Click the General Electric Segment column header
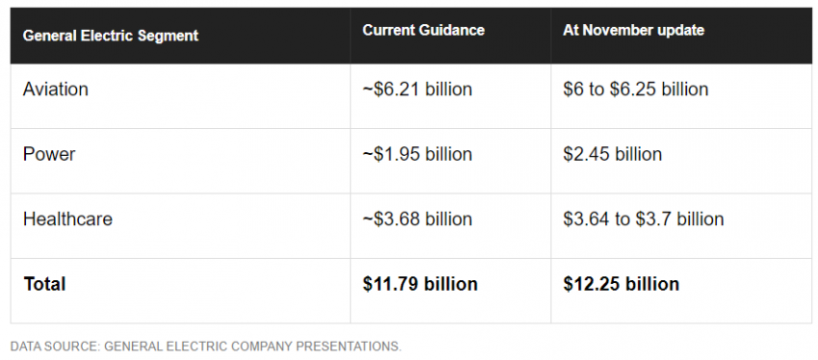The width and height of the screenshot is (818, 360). [x=111, y=36]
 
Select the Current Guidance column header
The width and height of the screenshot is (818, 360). [x=423, y=30]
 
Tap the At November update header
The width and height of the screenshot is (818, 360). [x=633, y=30]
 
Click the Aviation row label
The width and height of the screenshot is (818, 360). [x=55, y=90]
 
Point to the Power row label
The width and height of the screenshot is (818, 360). [x=49, y=154]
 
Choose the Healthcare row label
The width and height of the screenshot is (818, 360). [x=67, y=219]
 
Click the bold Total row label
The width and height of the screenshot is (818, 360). [x=44, y=284]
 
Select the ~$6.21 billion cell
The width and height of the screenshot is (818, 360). [x=418, y=90]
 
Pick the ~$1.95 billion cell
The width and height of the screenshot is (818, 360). [x=418, y=154]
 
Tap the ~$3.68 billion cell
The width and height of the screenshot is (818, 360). [x=418, y=219]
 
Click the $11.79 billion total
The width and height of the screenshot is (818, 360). [x=420, y=284]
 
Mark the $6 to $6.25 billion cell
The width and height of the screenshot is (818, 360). [x=635, y=90]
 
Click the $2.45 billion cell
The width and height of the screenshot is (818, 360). [x=612, y=154]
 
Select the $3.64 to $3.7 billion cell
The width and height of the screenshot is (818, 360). [x=643, y=219]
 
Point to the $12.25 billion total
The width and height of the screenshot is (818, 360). [x=621, y=284]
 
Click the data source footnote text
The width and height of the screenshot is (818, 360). [x=206, y=347]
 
